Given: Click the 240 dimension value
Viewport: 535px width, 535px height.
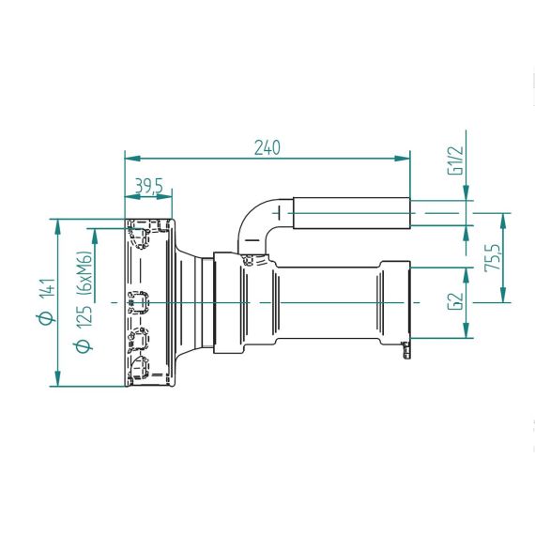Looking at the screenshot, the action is click(x=267, y=147).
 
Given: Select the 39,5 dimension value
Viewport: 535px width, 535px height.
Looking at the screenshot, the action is click(x=149, y=186).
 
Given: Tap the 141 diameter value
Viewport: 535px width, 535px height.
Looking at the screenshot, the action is click(x=48, y=288).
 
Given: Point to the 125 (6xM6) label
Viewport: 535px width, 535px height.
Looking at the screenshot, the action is click(x=84, y=289).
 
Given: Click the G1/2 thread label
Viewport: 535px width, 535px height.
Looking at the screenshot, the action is click(x=455, y=160).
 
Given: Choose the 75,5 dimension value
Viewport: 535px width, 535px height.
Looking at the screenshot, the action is click(x=493, y=257).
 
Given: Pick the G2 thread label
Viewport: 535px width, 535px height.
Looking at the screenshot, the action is click(x=455, y=301).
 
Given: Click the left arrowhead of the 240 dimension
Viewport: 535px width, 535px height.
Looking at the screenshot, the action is click(x=132, y=159).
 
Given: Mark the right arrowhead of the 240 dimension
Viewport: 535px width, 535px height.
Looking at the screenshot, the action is click(x=403, y=159).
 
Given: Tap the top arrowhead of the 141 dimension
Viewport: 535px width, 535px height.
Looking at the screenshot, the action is click(x=57, y=227).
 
